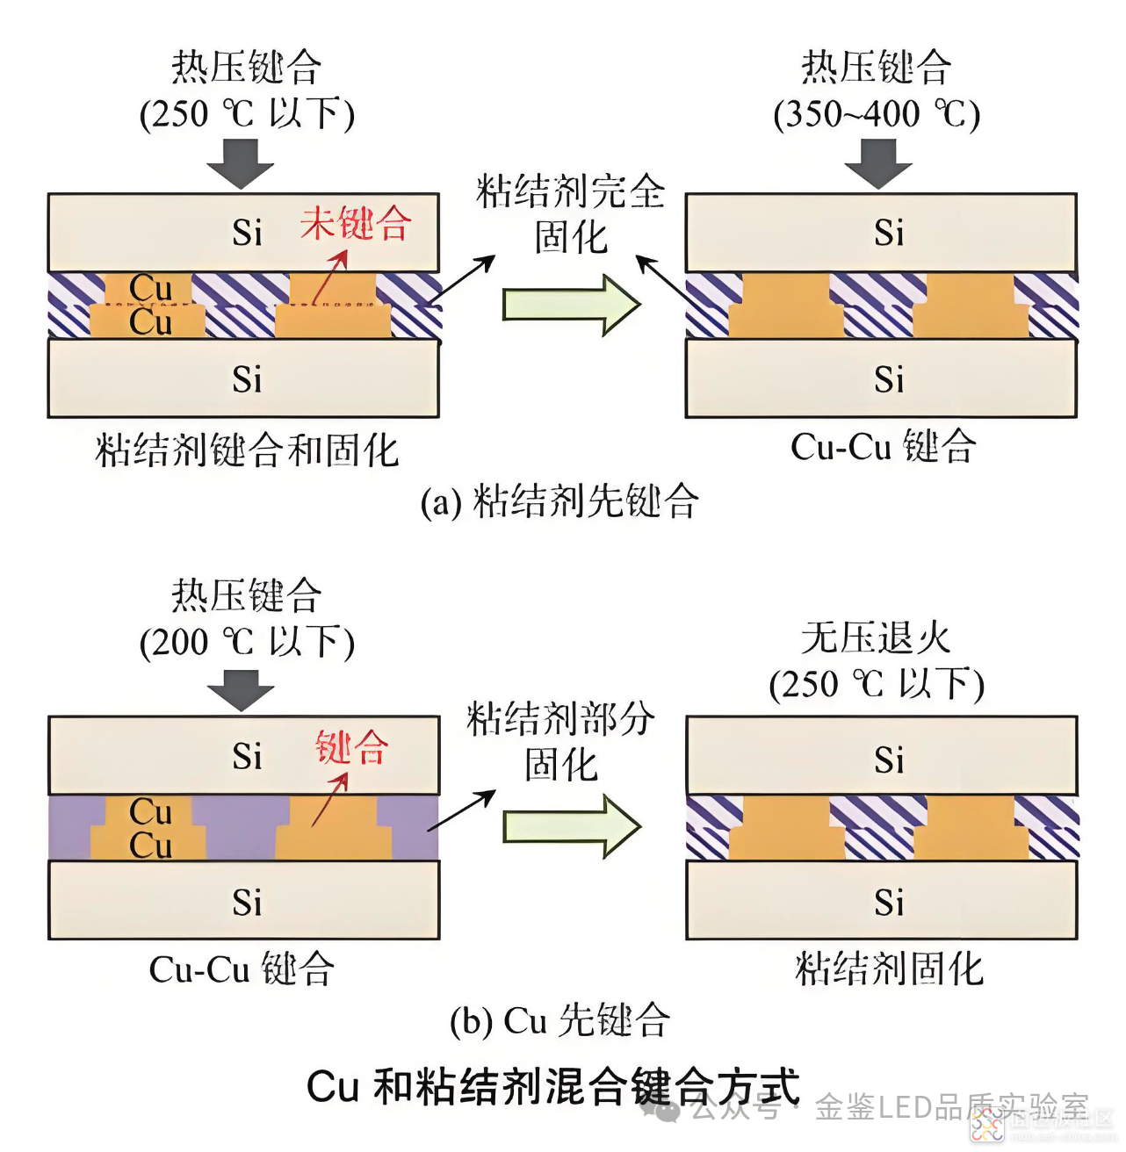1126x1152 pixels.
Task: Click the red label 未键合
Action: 355,224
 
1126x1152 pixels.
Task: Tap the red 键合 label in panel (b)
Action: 351,747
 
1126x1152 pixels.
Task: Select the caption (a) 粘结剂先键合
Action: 559,502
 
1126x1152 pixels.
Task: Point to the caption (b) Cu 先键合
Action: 559,1020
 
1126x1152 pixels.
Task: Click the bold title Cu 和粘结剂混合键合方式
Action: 552,1087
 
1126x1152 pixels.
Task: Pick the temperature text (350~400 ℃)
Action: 876,114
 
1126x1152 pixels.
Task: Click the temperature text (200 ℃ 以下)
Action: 247,642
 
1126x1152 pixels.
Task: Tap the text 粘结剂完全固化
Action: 570,214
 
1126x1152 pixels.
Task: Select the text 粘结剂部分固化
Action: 560,741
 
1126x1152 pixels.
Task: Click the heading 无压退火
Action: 876,638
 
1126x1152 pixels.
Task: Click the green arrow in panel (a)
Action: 571,305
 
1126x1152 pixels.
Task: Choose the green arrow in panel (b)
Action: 571,826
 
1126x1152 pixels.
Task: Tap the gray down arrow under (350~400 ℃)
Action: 877,164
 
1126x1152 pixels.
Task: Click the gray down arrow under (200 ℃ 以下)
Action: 242,689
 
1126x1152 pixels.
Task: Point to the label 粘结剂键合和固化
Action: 247,451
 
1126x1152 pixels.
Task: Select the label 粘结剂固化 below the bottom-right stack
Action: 889,969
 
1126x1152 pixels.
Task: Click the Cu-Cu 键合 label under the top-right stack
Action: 883,447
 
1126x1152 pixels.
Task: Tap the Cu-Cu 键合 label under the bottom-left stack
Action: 242,969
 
